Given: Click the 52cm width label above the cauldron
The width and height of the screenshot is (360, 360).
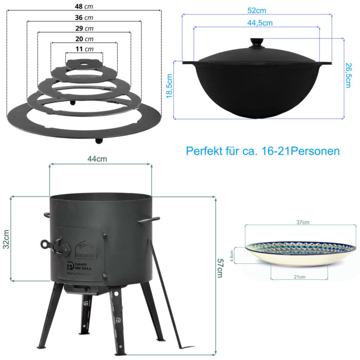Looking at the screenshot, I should point(257,10).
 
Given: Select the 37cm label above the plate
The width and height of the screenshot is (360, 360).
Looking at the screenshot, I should point(303,222).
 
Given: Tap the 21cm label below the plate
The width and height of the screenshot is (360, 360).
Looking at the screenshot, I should point(300,277).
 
